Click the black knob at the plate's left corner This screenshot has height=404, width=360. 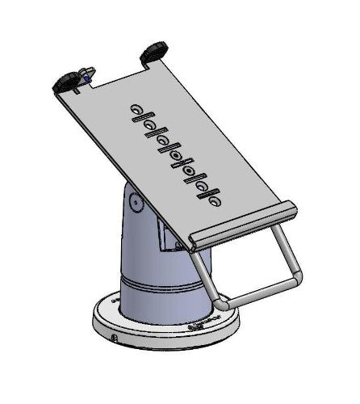click(65, 82)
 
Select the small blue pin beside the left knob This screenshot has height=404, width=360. click(84, 80)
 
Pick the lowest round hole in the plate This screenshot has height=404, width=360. click(215, 194)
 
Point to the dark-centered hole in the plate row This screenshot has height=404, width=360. click(188, 172)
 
